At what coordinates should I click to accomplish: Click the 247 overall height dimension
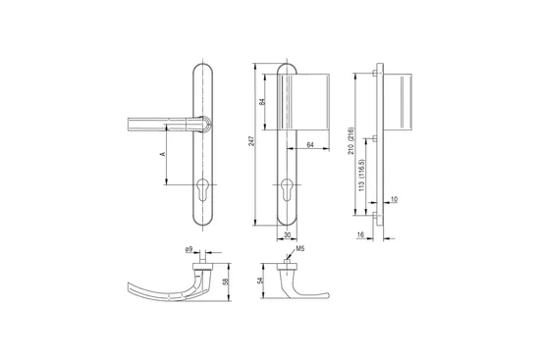pos(251,141)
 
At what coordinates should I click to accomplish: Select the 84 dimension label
pos(262,102)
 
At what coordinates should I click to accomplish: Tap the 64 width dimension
pos(310,145)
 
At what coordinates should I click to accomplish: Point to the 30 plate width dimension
pos(288,234)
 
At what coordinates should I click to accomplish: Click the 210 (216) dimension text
pos(350,141)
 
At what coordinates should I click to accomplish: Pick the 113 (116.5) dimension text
pos(361,175)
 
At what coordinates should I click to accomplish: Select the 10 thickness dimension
pos(394,199)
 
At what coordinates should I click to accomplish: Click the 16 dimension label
pos(360,234)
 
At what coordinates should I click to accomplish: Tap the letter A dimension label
pos(163,154)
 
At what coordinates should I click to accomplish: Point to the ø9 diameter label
pos(189,250)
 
